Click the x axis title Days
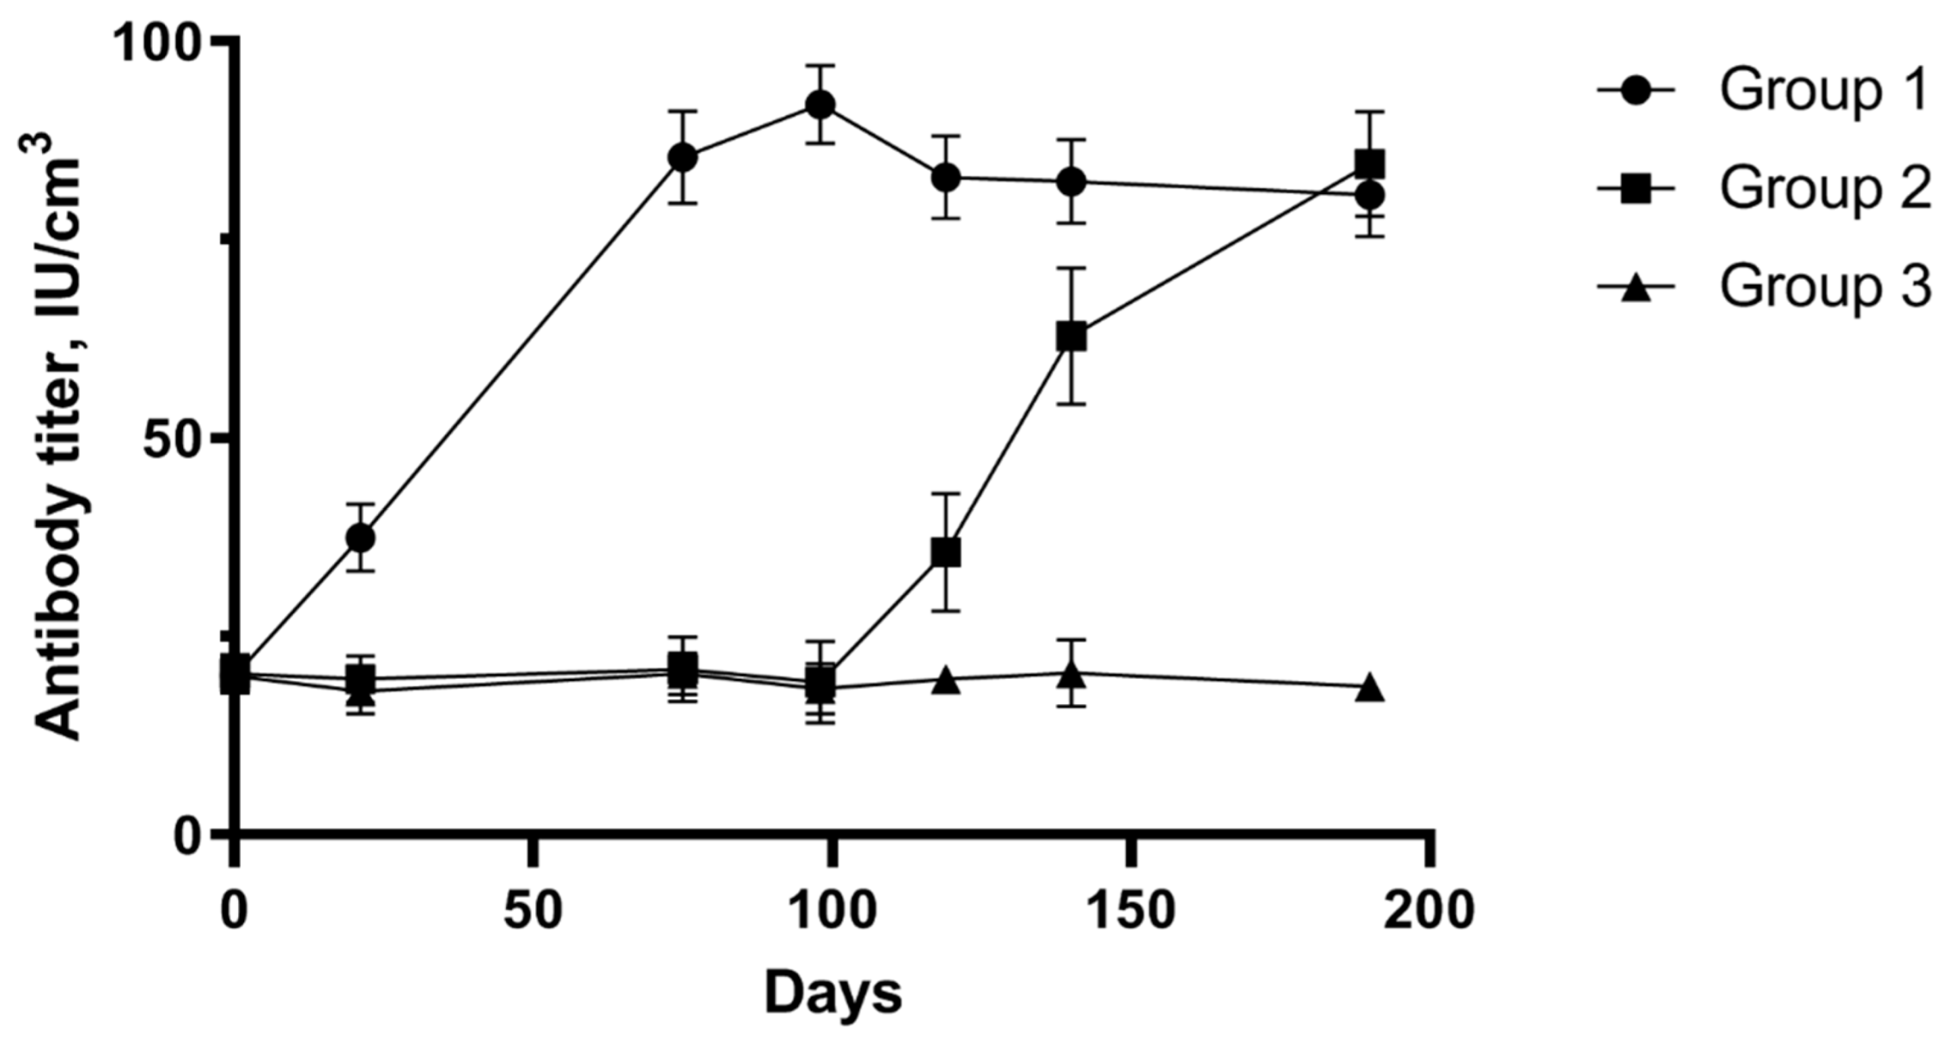click(833, 994)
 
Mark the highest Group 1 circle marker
click(821, 105)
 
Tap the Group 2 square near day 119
click(946, 552)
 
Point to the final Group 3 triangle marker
click(1369, 688)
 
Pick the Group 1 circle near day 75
click(682, 157)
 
